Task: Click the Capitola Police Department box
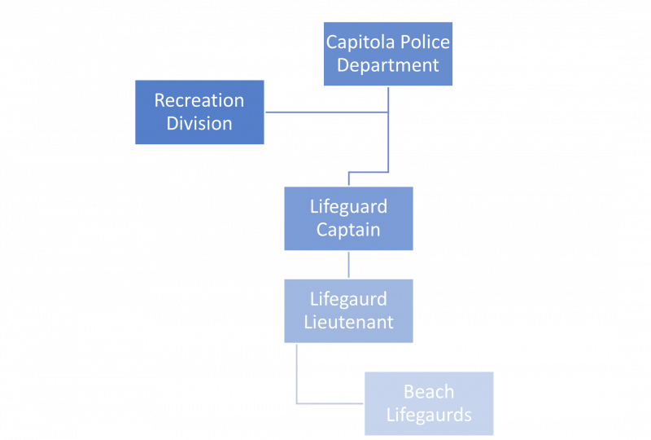point(388,54)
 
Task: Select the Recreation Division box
point(199,112)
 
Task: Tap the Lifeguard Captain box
point(348,218)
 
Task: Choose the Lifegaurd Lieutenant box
point(348,310)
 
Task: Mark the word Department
point(388,65)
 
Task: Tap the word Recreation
point(199,100)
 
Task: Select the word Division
point(199,124)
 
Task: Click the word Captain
point(348,230)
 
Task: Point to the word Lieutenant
point(348,322)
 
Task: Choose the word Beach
point(429,392)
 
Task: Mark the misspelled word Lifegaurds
point(429,415)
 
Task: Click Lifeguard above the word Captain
point(348,207)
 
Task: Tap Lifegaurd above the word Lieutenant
point(348,299)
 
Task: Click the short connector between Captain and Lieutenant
point(348,265)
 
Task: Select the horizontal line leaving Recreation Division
point(325,112)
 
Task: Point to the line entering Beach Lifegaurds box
point(330,403)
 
